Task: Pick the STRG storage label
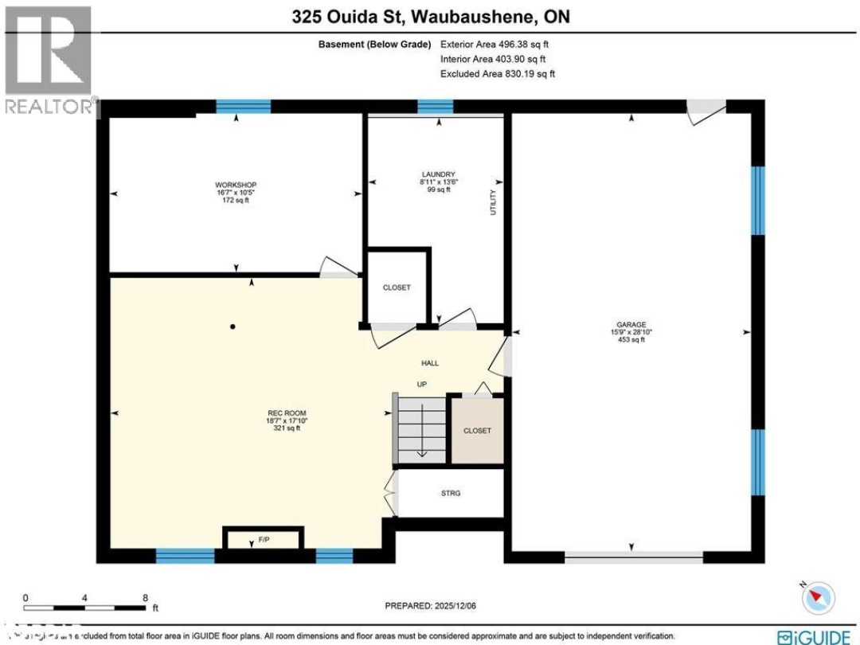pos(450,494)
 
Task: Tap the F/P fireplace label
pos(263,541)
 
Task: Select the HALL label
pos(430,363)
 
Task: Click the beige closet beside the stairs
pos(477,430)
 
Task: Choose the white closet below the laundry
pos(397,287)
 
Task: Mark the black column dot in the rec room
pos(233,326)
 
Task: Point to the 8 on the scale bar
pos(145,597)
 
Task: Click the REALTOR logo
pos(48,61)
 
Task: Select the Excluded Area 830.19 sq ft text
pos(498,73)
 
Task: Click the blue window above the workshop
pos(244,107)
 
